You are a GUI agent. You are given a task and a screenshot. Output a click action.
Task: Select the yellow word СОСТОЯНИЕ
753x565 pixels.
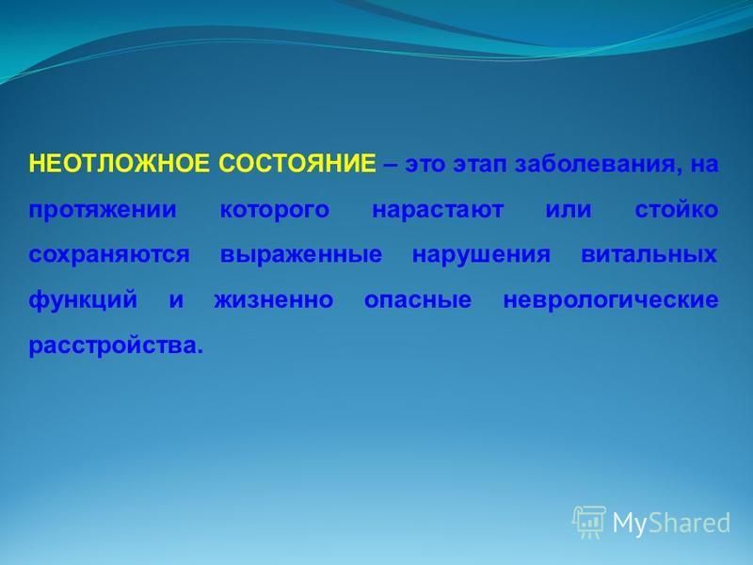click(297, 163)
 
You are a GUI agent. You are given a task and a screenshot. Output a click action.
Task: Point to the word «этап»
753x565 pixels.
click(480, 165)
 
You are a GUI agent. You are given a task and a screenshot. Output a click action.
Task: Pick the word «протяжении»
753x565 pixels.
click(103, 210)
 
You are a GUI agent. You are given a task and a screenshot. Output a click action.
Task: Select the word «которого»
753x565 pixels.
click(275, 210)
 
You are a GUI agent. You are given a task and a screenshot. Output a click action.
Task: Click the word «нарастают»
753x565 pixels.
click(438, 210)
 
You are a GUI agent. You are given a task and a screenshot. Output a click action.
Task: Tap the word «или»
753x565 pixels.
click(569, 210)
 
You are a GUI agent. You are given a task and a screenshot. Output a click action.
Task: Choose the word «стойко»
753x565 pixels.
click(677, 209)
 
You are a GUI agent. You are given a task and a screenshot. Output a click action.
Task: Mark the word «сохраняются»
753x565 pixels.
click(109, 254)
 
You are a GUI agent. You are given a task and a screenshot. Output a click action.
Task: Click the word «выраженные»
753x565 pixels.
click(301, 254)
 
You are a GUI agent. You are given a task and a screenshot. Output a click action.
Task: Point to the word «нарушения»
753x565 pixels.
click(481, 254)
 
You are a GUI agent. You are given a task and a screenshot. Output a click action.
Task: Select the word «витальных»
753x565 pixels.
click(649, 254)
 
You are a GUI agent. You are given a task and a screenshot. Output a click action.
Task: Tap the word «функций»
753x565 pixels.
click(84, 300)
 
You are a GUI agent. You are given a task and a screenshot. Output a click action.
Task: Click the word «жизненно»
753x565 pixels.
click(274, 300)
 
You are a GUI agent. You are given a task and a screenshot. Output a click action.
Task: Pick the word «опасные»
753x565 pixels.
click(418, 300)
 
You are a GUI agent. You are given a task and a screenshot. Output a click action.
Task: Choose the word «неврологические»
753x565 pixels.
click(611, 300)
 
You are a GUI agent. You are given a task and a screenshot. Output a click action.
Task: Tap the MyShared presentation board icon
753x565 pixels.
click(590, 522)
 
